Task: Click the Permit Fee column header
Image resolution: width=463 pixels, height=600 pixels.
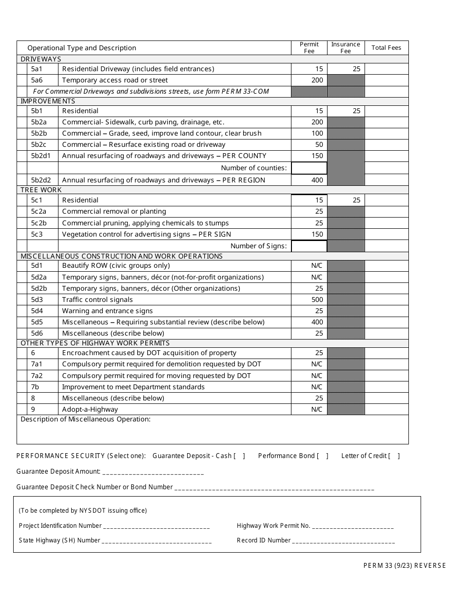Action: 309,48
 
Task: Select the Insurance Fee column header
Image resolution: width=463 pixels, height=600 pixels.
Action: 346,48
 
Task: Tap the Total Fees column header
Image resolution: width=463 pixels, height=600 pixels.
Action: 386,48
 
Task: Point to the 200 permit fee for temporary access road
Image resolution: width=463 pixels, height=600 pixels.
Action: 317,80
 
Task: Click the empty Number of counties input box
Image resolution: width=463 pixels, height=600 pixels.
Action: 309,168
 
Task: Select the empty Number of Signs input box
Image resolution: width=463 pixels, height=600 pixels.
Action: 309,246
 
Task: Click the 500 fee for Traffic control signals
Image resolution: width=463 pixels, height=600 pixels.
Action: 317,300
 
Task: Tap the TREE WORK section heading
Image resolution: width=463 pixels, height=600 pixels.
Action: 41,190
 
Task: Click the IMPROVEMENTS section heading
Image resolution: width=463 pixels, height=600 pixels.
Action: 48,101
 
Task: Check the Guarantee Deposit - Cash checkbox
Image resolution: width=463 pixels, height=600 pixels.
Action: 239,456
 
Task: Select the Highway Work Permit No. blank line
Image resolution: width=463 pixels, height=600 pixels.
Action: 353,526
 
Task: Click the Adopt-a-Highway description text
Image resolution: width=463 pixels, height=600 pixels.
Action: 90,409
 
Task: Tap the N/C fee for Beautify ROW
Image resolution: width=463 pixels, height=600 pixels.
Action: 317,265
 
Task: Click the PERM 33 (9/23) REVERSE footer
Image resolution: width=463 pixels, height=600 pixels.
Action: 404,565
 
